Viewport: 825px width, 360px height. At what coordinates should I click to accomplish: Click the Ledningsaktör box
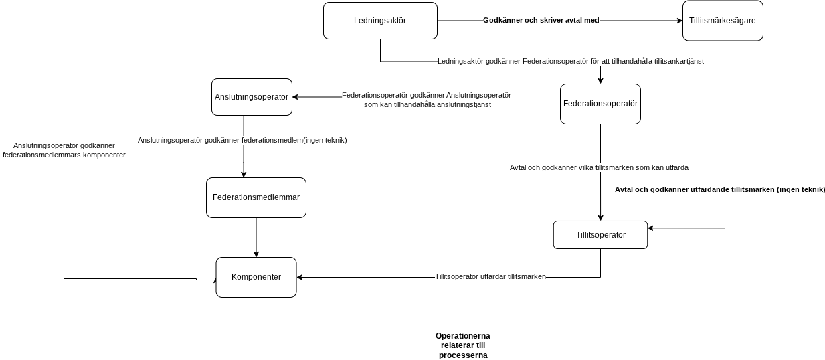(x=380, y=21)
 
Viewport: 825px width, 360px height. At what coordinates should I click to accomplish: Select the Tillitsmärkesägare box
(x=723, y=21)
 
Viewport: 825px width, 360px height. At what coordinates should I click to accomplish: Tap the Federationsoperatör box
(x=600, y=104)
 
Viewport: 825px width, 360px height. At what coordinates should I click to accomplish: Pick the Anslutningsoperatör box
(x=252, y=97)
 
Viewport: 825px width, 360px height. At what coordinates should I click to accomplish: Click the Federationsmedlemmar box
(x=256, y=197)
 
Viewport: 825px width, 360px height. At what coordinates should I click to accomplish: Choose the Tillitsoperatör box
(x=600, y=235)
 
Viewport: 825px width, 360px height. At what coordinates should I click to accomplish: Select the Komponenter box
(x=256, y=277)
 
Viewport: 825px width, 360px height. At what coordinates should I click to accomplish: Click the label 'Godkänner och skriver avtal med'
(x=541, y=21)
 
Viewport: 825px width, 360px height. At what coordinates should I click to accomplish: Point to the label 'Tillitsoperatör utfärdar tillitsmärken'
(x=490, y=277)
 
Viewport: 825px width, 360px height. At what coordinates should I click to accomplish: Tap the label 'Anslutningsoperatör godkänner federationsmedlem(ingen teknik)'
(x=242, y=140)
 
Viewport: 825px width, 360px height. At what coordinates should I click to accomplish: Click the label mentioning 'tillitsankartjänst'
(x=571, y=61)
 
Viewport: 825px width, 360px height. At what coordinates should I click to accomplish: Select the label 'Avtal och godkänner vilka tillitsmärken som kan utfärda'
(x=599, y=168)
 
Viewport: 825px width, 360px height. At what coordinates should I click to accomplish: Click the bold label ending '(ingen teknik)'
(x=720, y=190)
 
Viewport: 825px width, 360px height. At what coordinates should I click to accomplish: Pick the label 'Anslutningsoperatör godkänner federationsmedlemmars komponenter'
(x=64, y=150)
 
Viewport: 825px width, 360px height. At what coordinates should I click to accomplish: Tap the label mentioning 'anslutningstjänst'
(x=426, y=100)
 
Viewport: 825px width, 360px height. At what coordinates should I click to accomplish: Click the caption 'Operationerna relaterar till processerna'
(x=463, y=346)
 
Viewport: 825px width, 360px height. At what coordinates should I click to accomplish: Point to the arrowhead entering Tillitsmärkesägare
(x=680, y=21)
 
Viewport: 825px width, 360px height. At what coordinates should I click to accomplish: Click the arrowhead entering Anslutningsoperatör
(x=295, y=97)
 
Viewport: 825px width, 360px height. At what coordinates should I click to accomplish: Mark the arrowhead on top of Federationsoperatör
(x=600, y=81)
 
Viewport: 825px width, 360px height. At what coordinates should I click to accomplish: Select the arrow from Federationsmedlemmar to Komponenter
(x=256, y=238)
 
